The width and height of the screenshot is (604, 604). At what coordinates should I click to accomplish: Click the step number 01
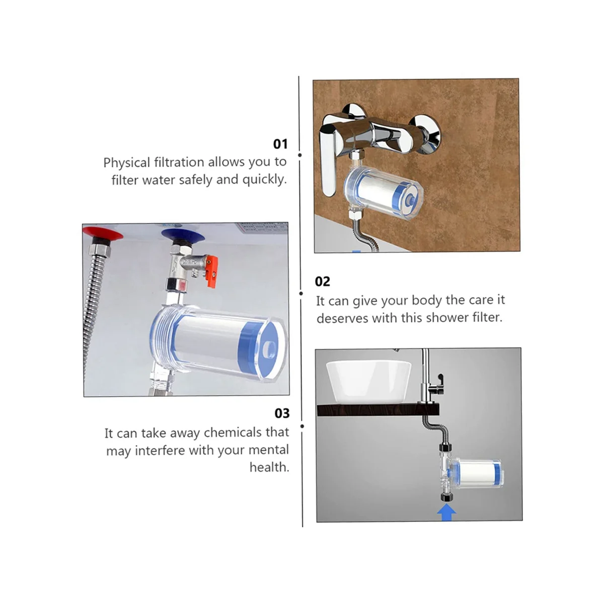(280, 144)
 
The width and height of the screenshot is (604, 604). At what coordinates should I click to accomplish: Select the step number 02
(322, 281)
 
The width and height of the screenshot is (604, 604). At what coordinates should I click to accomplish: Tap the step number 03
(282, 413)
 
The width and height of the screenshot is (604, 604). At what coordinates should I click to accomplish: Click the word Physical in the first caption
(127, 163)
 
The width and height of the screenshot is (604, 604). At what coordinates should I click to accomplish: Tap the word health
(269, 467)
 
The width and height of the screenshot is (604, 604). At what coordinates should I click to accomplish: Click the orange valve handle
(212, 271)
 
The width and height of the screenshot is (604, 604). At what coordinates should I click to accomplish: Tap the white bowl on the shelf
(368, 382)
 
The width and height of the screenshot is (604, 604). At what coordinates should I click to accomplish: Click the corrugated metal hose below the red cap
(93, 314)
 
